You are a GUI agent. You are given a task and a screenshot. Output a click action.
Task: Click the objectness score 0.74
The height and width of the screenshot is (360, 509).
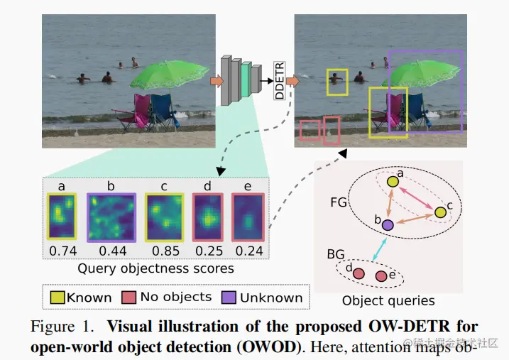[62, 251]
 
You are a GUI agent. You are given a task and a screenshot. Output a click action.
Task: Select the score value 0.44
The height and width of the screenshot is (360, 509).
[111, 251]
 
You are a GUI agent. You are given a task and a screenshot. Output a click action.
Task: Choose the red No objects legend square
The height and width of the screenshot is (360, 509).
[129, 298]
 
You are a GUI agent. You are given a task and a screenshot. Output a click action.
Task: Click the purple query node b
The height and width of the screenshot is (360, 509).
[387, 225]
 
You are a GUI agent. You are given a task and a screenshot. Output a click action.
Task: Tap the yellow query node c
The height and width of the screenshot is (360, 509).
[440, 212]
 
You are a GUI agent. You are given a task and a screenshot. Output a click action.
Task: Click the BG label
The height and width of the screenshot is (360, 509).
[336, 252]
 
